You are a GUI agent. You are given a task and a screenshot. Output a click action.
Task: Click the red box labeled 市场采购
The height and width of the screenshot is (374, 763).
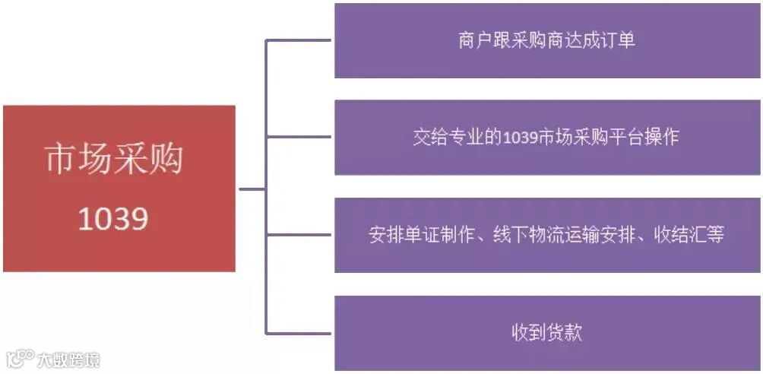point(119,189)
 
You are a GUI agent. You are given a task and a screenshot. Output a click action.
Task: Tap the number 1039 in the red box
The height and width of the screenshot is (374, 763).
point(113,220)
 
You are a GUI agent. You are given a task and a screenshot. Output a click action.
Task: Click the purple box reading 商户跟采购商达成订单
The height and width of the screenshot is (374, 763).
point(546,40)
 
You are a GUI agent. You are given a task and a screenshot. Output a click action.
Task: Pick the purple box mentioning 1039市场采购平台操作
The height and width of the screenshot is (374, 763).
point(546,138)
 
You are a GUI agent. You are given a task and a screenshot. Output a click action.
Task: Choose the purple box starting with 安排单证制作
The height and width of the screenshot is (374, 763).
point(546,235)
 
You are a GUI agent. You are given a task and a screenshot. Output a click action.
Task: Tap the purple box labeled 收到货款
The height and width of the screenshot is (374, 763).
point(546,333)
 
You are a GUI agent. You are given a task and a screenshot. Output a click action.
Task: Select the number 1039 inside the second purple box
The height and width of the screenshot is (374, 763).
point(521,138)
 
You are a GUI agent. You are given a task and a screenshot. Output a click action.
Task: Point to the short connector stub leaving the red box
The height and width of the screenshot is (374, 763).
point(251,189)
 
